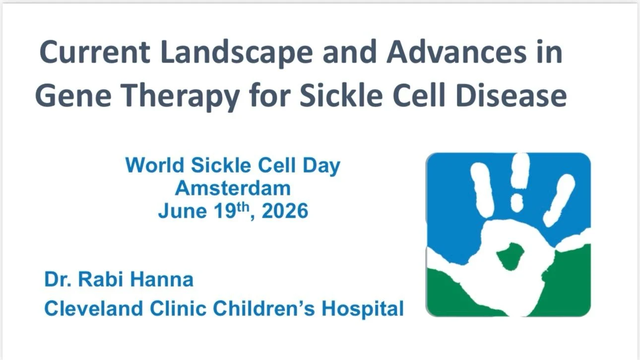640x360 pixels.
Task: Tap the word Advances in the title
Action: click(456, 52)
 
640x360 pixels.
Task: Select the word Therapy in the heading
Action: click(182, 96)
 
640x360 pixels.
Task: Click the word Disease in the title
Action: click(511, 95)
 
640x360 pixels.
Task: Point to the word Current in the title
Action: click(95, 52)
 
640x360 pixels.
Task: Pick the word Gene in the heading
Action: click(73, 95)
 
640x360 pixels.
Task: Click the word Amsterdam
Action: click(233, 188)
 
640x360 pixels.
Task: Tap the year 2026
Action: click(285, 211)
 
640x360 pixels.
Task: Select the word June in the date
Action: click(182, 211)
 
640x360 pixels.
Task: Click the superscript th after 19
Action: click(243, 207)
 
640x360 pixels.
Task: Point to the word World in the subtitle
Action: click(155, 165)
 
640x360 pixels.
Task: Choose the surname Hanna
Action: click(162, 279)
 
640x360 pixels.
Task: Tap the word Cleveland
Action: click(94, 308)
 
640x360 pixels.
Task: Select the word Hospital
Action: click(363, 309)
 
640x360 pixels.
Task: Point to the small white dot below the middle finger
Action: click(517, 202)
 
